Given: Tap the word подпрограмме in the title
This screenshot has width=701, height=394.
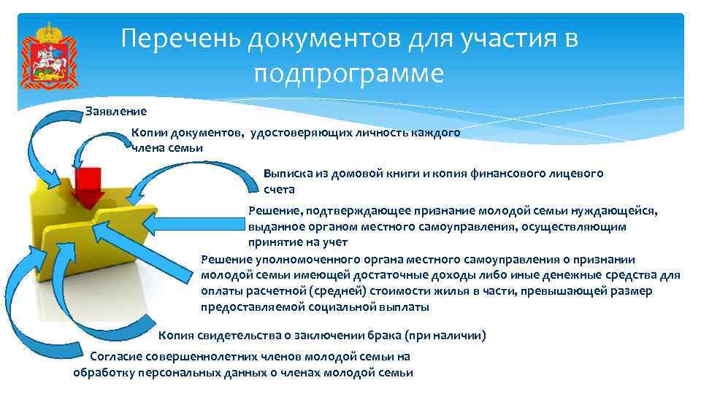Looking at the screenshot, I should pos(349,74).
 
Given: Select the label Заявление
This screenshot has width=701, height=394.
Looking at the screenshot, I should pos(116,112).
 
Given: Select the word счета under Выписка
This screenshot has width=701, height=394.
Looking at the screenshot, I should pos(279,189).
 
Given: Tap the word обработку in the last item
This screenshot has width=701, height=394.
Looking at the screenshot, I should pos(101,372).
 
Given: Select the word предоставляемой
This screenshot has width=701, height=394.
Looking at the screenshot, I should pos(252,307).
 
